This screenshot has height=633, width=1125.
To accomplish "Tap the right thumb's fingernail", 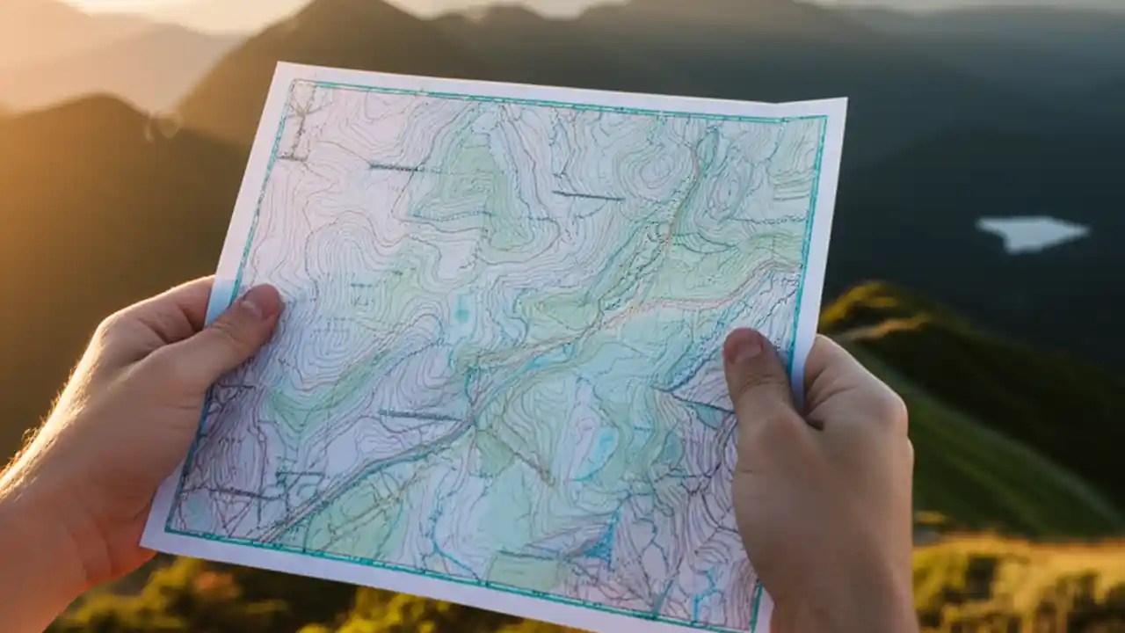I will coord(743,346).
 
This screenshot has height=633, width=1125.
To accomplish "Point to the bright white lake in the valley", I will coord(1032,232).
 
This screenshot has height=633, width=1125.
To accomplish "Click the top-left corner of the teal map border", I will coord(296,82).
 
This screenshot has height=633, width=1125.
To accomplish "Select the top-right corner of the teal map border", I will coord(824,117).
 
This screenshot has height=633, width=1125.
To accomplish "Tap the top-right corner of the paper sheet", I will coord(846,99).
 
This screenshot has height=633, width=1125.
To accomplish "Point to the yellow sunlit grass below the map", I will coord(1011,580).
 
